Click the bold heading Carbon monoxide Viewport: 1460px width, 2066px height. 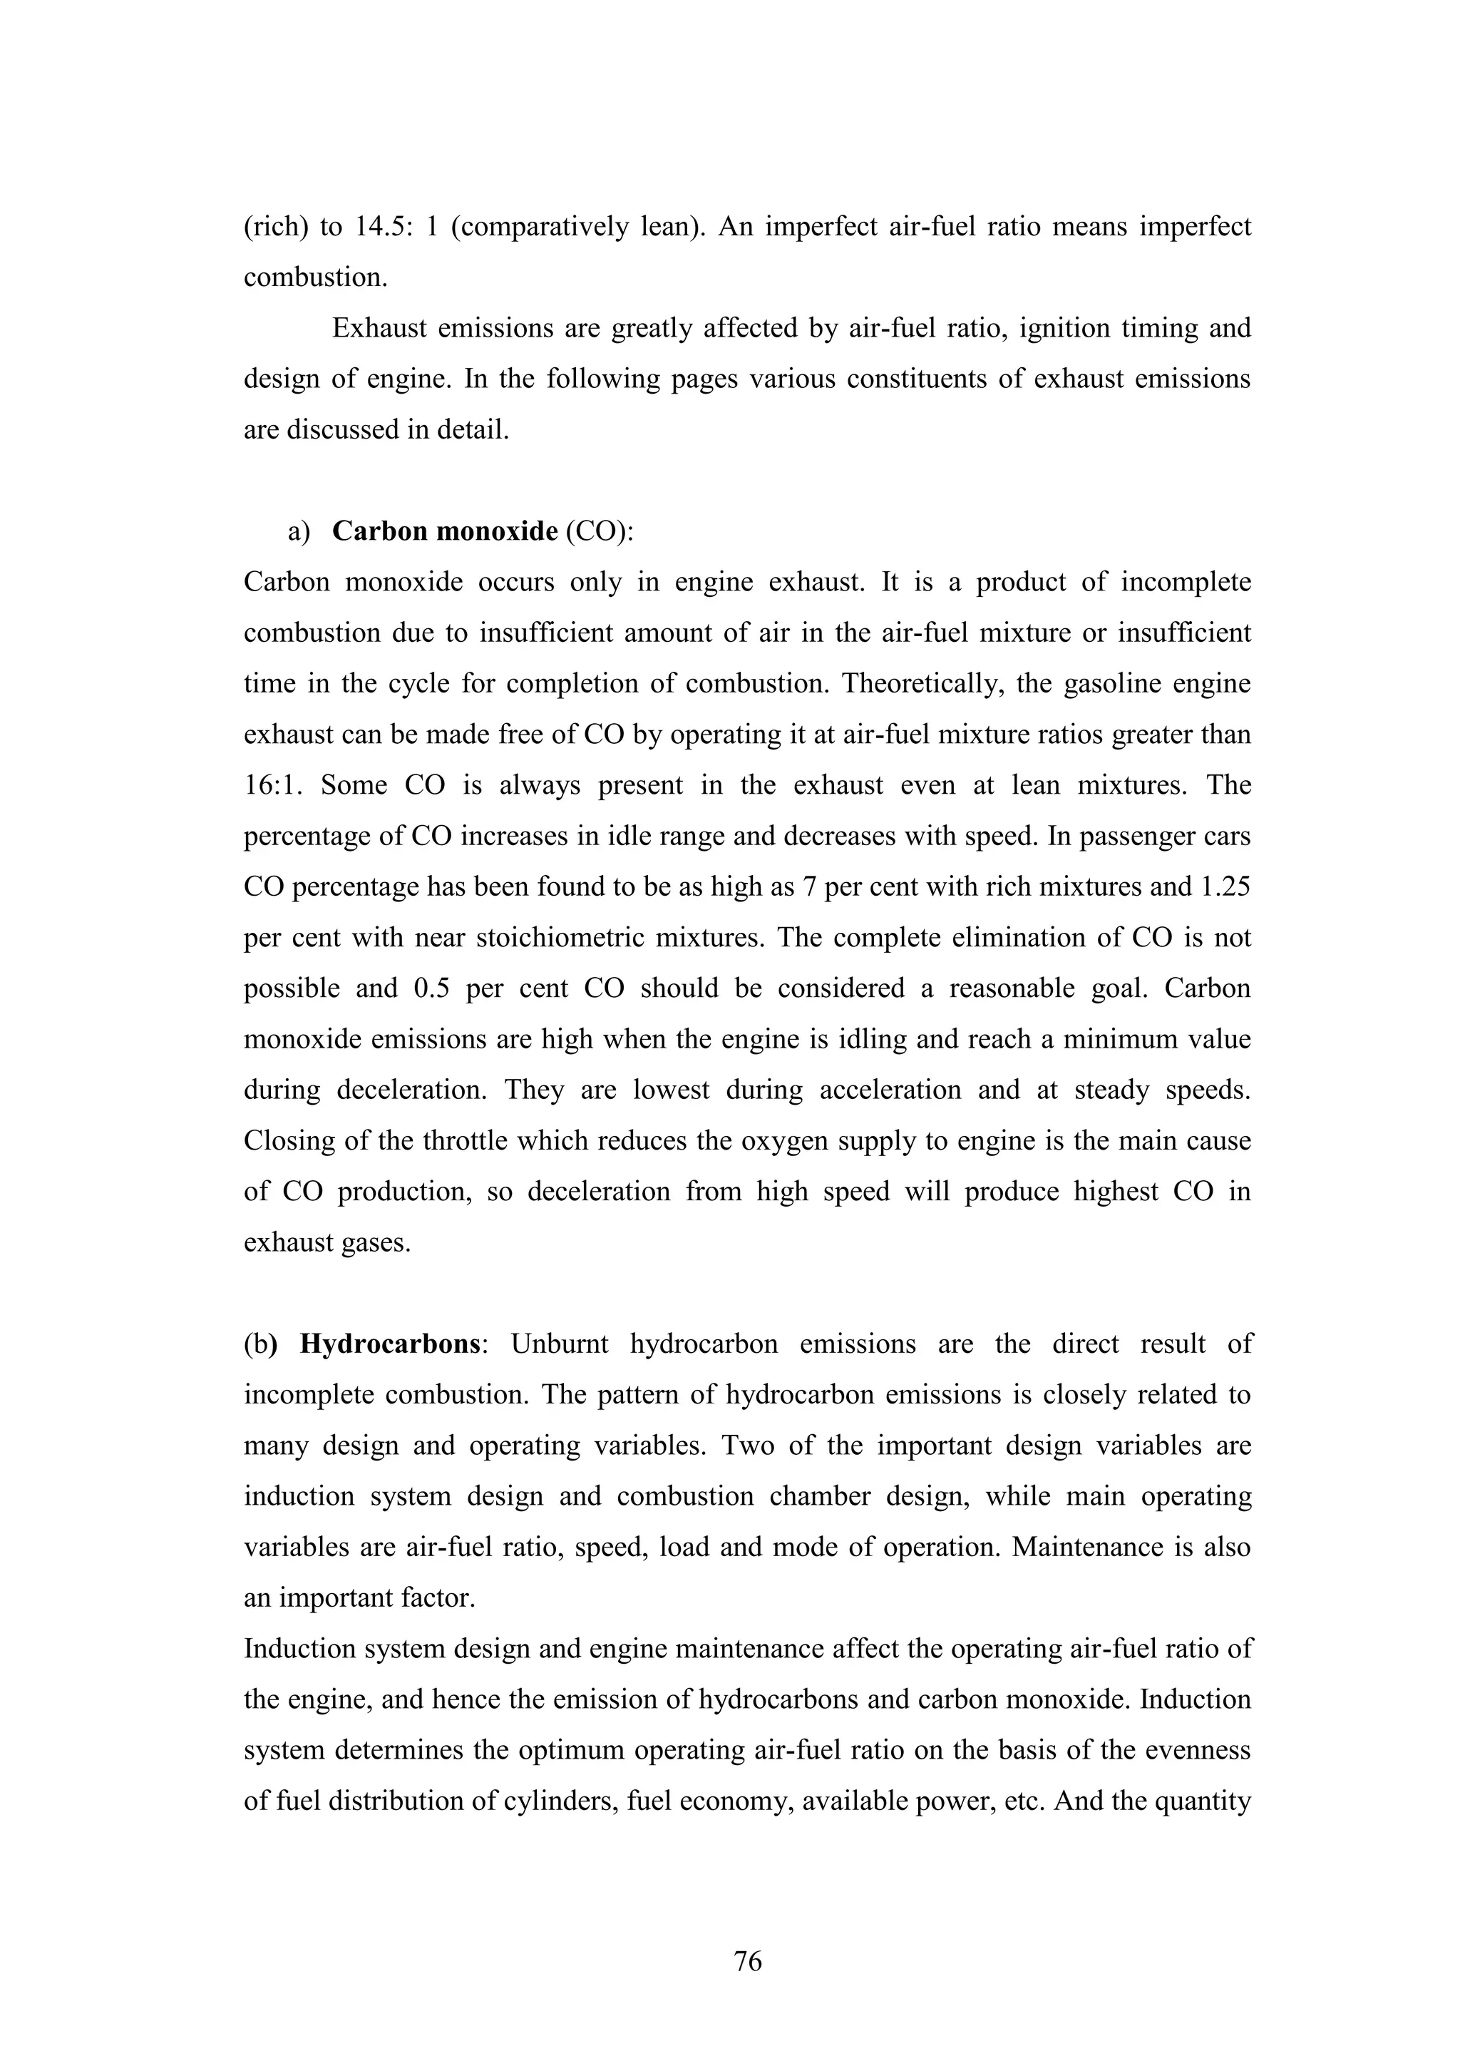444,532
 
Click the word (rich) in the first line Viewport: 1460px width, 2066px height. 272,227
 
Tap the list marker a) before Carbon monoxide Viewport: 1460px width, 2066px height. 299,532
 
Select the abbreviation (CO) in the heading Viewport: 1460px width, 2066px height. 595,532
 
